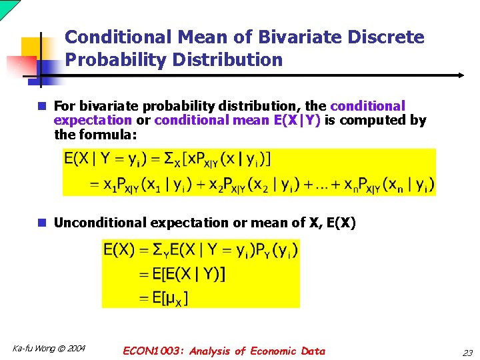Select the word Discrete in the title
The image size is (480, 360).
pyautogui.click(x=389, y=37)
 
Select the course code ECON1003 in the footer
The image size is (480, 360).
pyautogui.click(x=154, y=351)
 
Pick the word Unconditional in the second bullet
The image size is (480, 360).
pyautogui.click(x=97, y=223)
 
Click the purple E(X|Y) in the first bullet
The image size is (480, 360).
pyautogui.click(x=297, y=121)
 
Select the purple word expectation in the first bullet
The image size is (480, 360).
pyautogui.click(x=93, y=121)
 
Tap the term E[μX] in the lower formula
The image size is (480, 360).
pyautogui.click(x=165, y=297)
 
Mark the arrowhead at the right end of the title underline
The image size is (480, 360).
pyautogui.click(x=460, y=75)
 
